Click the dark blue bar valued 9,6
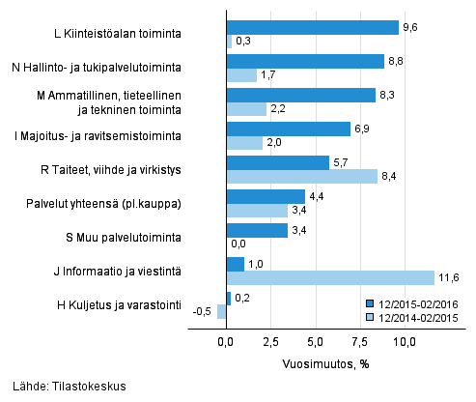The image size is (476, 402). coord(312,27)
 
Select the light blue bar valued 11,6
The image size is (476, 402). coord(330,278)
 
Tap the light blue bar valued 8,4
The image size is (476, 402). coord(302,177)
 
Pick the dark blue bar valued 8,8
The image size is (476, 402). coord(305,61)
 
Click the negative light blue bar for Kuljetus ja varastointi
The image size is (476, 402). coord(222,312)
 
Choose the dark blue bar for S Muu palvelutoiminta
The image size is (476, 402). coord(257,230)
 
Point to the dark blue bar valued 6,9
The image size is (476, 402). coord(288,129)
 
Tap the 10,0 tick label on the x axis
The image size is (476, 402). coord(406,341)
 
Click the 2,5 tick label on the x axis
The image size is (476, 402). coord(271,341)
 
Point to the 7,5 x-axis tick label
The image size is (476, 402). coord(361,341)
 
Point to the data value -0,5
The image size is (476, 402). coord(203,312)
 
